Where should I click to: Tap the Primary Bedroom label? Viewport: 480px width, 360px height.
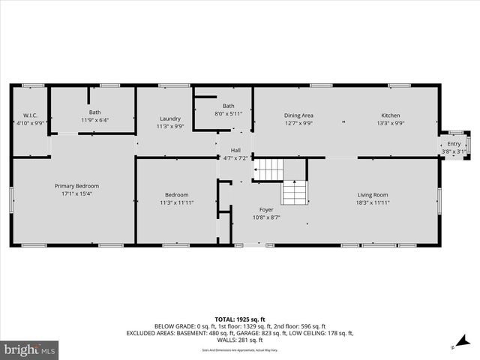coord(76,186)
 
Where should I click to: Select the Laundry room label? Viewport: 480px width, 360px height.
coord(170,118)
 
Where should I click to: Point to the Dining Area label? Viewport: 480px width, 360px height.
coord(298,115)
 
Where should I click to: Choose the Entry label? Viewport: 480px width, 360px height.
coord(454,144)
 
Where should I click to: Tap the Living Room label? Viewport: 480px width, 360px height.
coord(373,195)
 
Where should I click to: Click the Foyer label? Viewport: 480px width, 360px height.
coord(267,209)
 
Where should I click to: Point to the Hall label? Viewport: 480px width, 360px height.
coord(235,150)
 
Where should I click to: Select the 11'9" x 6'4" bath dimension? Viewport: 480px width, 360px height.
coord(95,120)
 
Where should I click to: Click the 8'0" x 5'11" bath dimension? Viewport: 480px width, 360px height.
coord(228,114)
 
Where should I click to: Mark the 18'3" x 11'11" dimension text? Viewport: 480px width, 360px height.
coord(373,203)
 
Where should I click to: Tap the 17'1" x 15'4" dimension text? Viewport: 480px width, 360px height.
coord(76,194)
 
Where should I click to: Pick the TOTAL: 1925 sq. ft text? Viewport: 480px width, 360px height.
coord(240,319)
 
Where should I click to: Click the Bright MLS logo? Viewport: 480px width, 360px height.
coord(30,349)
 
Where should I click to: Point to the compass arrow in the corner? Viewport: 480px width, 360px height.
coord(454,346)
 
